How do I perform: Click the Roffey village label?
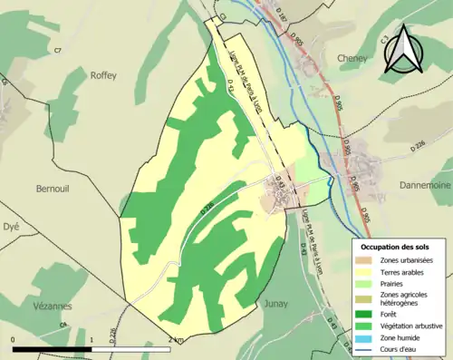click(104, 76)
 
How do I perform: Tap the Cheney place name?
click(352, 57)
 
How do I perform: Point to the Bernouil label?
click(52, 189)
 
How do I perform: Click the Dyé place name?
click(11, 227)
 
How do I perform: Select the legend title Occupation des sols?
click(396, 247)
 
